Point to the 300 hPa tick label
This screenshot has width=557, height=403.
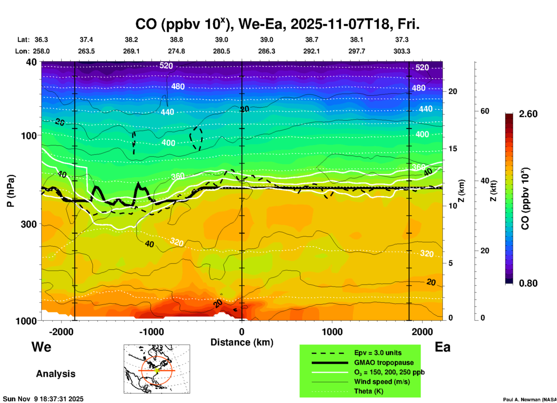tap(29, 224)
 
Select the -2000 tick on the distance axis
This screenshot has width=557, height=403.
tap(61, 332)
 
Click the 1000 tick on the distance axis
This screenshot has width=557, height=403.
tap(332, 332)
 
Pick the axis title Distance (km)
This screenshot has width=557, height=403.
tap(242, 342)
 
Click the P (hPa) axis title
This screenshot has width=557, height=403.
tap(10, 191)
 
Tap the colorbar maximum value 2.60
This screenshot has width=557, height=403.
tap(528, 114)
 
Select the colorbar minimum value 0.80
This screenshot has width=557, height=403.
tap(528, 283)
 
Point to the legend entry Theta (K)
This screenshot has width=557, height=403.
tap(368, 391)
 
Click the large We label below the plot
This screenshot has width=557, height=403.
tap(41, 347)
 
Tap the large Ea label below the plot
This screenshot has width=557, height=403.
tap(442, 347)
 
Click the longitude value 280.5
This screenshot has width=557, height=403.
tap(222, 51)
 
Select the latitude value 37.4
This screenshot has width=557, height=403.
tap(86, 40)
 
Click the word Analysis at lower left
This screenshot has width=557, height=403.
tap(56, 374)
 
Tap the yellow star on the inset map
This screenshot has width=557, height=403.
tap(157, 370)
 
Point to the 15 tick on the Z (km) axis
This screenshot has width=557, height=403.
tap(453, 149)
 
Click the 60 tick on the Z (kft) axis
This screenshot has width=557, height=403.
tap(485, 111)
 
